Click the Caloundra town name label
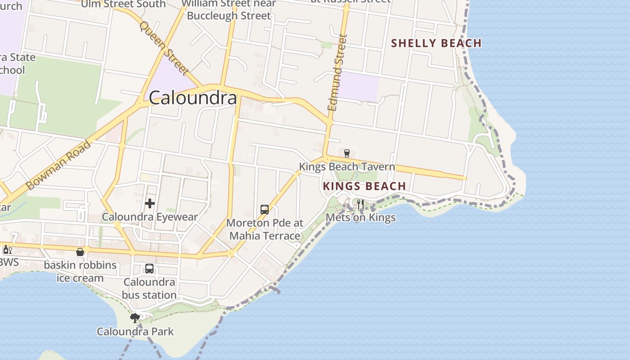[193, 98]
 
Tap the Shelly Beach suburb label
[436, 43]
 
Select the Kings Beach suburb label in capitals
[364, 186]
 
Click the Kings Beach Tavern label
[347, 166]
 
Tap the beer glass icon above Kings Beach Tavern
[346, 153]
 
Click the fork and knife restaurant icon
[360, 204]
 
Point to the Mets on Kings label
[360, 217]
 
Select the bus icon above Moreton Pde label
[265, 210]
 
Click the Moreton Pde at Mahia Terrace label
[265, 229]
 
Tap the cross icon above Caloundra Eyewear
[150, 203]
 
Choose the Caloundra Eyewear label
[150, 217]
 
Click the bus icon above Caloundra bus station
[149, 269]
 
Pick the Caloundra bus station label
[149, 288]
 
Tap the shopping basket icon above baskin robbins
[80, 252]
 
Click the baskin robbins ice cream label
[80, 271]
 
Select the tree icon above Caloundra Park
[135, 318]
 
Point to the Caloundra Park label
[135, 332]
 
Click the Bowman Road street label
[58, 165]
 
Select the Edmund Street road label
[337, 73]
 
